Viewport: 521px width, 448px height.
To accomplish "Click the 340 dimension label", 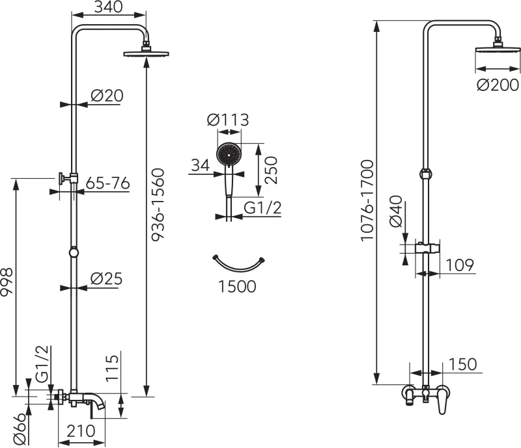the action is [x=108, y=7].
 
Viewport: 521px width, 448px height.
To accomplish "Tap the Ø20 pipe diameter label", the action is [x=107, y=96].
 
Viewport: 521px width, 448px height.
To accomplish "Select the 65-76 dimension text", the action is [x=107, y=183].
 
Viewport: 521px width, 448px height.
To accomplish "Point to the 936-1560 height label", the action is [x=158, y=204].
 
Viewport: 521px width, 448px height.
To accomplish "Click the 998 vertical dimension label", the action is [x=7, y=282].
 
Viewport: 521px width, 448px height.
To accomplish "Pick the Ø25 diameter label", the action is [x=106, y=279].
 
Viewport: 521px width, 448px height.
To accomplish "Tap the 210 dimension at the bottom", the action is [x=81, y=431].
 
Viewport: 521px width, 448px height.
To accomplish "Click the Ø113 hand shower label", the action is [x=228, y=120].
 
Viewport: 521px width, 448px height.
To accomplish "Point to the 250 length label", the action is [x=271, y=170].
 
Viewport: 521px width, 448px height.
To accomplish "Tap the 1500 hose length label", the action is [x=237, y=286].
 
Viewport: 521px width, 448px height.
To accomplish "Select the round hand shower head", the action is [x=229, y=154].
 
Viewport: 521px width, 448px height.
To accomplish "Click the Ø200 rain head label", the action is [x=498, y=85].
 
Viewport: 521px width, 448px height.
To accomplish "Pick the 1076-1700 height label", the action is [x=367, y=200].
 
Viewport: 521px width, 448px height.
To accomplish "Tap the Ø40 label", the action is [x=395, y=211].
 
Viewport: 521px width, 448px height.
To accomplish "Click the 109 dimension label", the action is [x=460, y=265].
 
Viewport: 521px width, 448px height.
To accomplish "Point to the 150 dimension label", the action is [x=462, y=364].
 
